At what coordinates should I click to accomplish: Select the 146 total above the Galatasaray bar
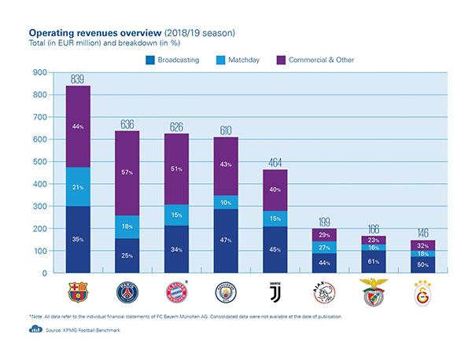tap(422, 233)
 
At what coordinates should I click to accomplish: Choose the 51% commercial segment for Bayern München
tap(176, 168)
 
